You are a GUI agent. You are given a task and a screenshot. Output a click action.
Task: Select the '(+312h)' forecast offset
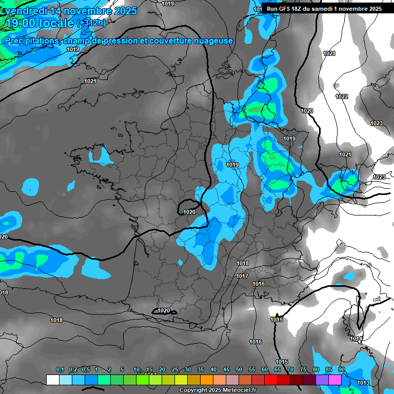[x=91, y=23]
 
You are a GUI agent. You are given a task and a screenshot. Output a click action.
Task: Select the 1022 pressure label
[x=342, y=96]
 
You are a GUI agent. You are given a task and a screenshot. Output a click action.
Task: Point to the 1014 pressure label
[x=357, y=339]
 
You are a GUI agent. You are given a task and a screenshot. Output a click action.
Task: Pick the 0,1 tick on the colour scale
[x=60, y=370]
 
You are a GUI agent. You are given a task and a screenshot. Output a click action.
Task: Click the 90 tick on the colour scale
[x=341, y=370]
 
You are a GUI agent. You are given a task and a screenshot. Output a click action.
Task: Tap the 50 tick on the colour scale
[x=239, y=370]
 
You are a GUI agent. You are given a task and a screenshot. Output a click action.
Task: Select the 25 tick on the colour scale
[x=175, y=370]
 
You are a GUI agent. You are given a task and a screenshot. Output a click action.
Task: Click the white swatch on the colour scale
[x=52, y=380]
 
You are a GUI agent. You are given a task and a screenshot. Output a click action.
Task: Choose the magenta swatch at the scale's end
[x=335, y=380]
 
